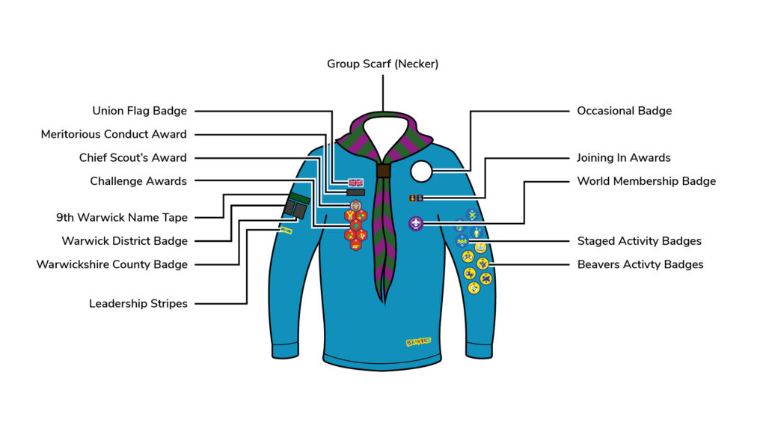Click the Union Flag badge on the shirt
[x=355, y=182]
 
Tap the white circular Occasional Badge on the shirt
[x=421, y=171]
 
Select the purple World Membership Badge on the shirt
[x=416, y=223]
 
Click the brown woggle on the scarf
[x=383, y=171]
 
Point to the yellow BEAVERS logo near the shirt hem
[x=418, y=342]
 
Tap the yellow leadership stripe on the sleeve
[x=286, y=231]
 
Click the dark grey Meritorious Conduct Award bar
[x=355, y=192]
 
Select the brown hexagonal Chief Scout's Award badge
[x=355, y=205]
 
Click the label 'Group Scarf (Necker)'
[x=382, y=64]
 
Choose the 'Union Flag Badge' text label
[x=139, y=111]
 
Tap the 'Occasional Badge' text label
[x=624, y=111]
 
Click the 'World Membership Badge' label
[x=646, y=181]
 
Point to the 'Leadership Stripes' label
[x=138, y=303]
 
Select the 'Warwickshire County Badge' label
[x=112, y=264]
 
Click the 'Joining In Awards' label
[x=623, y=158]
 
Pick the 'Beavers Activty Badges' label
[x=640, y=264]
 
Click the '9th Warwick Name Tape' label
[x=122, y=218]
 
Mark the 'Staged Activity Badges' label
[x=639, y=241]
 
